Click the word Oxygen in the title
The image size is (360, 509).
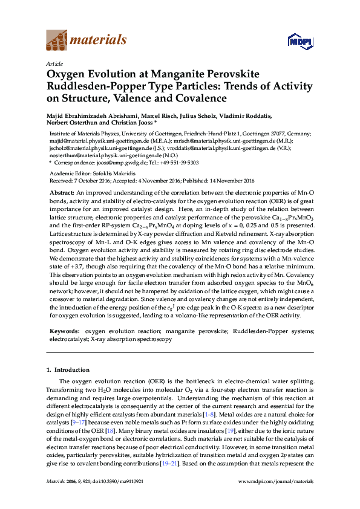(67, 74)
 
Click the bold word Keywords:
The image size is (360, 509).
(63, 331)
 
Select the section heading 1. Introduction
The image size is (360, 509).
(68, 369)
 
